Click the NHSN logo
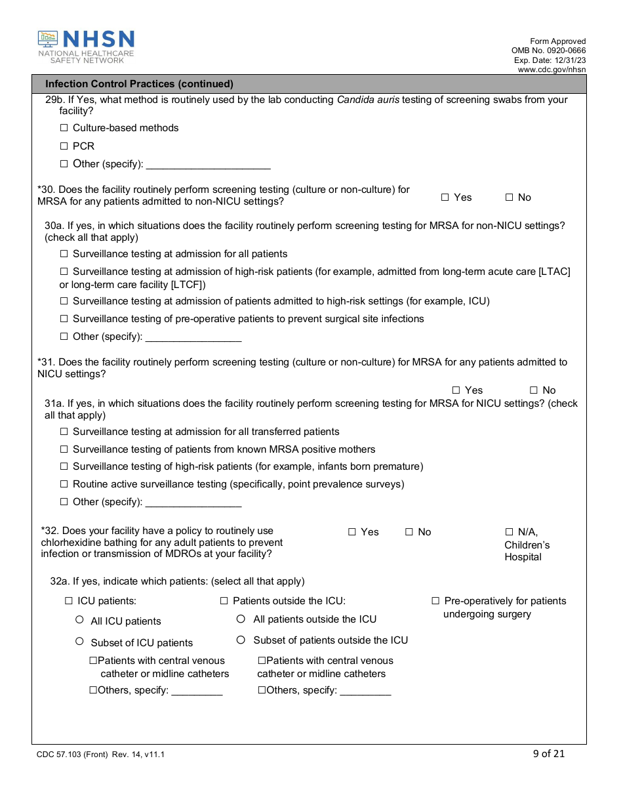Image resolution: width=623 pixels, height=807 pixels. pos(86,47)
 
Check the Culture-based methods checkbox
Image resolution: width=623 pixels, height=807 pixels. pos(64,128)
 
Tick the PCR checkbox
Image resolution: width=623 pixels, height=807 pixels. pos(64,146)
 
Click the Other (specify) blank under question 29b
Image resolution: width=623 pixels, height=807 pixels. pos(208,164)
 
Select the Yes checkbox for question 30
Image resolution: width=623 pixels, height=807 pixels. pos(445,197)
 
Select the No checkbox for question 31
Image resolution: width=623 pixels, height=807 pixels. pos(534,390)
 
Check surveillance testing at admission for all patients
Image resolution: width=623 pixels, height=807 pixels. pos(64,254)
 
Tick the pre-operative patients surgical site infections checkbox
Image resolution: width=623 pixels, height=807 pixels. pos(64,319)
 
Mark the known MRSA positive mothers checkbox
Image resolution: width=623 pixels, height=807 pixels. pos(64,449)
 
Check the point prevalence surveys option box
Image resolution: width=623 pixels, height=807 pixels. pos(64,484)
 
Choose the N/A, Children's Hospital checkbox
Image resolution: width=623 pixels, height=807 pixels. pos(509,532)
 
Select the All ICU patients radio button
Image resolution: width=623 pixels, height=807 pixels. pos(79,620)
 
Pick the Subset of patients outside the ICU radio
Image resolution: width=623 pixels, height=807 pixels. pos(241,640)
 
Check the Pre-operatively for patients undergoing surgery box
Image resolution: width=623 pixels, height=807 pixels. pos(435,601)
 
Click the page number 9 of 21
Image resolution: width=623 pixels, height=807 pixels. pos(548,753)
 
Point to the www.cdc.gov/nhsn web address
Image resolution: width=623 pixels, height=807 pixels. pos(552,70)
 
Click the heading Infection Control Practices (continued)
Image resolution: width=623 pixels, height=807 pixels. pos(139,84)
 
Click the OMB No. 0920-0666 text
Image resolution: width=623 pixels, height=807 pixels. pos(548,51)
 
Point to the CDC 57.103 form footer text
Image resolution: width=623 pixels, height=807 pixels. pos(100,755)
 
